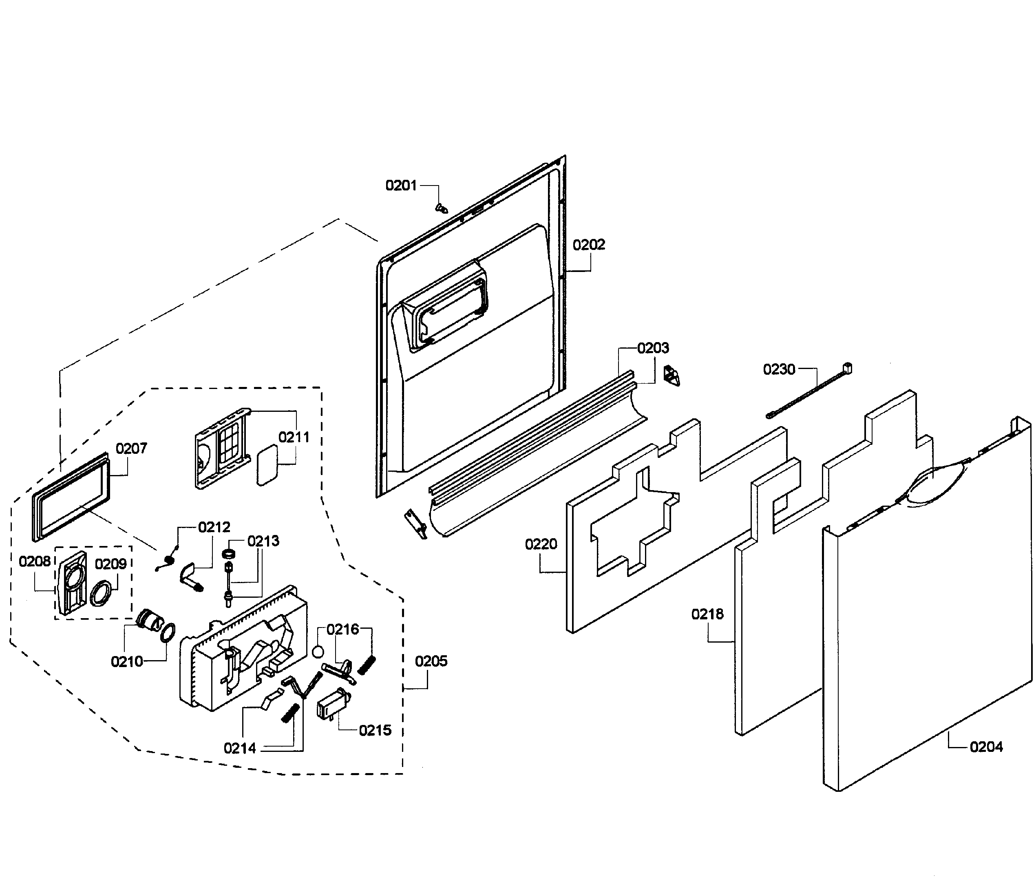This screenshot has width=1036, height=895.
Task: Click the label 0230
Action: tap(778, 369)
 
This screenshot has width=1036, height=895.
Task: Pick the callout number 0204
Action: tap(986, 747)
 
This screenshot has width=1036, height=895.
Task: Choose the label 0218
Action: tap(707, 614)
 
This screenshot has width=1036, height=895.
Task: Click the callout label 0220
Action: tap(541, 544)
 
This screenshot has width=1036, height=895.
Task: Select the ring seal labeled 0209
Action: tap(102, 594)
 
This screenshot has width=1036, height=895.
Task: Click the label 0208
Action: tap(35, 561)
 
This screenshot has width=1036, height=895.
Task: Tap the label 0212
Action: tap(214, 527)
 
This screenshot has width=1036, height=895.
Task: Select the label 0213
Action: tap(263, 541)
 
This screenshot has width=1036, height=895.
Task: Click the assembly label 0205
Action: tap(431, 661)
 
